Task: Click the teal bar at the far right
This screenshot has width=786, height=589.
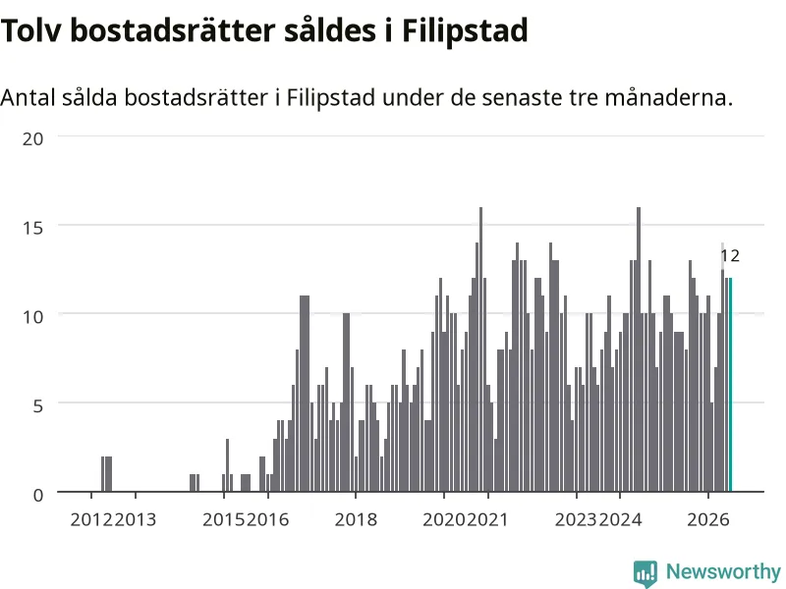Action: [730, 384]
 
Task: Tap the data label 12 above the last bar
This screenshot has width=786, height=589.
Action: [730, 256]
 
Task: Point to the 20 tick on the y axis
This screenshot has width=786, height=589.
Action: [32, 138]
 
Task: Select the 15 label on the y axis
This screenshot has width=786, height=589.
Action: [32, 228]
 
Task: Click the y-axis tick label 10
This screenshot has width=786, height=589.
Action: [32, 316]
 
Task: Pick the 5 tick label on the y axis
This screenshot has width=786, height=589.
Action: [38, 405]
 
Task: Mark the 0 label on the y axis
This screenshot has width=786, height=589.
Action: [38, 495]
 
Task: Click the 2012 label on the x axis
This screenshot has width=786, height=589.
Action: [91, 520]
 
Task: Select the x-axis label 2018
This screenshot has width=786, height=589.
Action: [356, 520]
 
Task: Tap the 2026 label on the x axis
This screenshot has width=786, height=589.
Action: [708, 520]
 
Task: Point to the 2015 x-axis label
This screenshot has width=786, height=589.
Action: [224, 520]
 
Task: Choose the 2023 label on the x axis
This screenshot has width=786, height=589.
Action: [577, 520]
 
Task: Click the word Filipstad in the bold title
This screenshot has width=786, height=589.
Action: [465, 31]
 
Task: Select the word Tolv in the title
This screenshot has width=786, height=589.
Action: [32, 30]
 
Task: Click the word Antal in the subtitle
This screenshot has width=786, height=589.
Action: [28, 97]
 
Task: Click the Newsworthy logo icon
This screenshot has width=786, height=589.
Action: [646, 573]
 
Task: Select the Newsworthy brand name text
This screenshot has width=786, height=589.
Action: [723, 571]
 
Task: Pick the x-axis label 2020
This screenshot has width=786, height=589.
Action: [444, 520]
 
